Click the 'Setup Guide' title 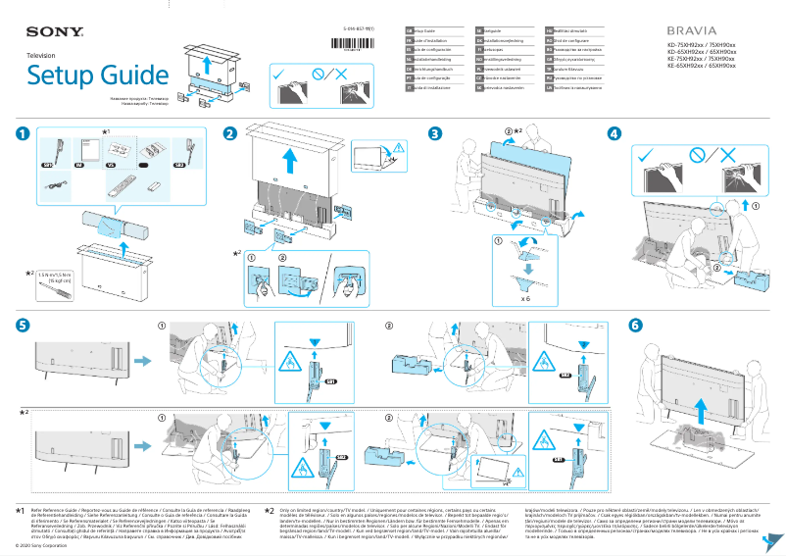[86, 75]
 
